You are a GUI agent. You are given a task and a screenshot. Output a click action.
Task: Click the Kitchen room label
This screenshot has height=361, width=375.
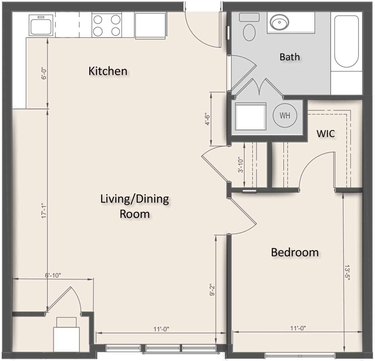(108, 71)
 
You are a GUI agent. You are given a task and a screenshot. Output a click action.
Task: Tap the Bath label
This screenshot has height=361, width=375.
(290, 57)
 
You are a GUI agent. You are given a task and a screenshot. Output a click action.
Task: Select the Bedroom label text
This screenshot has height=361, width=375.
(295, 252)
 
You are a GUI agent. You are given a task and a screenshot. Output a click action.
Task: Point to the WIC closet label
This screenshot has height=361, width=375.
(326, 134)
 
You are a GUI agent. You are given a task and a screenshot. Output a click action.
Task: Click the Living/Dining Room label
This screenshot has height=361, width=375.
(135, 206)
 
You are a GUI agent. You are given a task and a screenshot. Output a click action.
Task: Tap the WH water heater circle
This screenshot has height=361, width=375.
(285, 115)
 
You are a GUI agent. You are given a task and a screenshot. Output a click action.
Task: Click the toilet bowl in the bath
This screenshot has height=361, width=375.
(249, 32)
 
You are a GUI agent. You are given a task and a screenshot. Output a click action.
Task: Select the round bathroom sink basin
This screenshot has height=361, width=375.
(279, 22)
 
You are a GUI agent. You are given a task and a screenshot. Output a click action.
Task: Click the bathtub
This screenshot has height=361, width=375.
(347, 41)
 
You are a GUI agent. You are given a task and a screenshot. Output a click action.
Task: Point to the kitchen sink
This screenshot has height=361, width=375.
(41, 25)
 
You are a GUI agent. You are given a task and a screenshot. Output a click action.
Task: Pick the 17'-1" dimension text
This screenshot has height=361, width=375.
(44, 211)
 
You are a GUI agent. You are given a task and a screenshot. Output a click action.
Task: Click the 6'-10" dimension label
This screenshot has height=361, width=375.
(53, 276)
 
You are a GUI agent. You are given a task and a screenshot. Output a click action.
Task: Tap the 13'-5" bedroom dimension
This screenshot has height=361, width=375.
(347, 273)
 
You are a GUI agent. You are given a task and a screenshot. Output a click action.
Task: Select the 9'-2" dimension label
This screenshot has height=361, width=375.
(212, 290)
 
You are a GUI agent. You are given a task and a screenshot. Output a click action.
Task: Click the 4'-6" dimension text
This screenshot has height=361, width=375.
(207, 119)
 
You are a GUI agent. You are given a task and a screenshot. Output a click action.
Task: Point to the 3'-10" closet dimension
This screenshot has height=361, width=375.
(241, 165)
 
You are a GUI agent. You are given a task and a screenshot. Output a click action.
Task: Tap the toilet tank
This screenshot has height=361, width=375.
(249, 17)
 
